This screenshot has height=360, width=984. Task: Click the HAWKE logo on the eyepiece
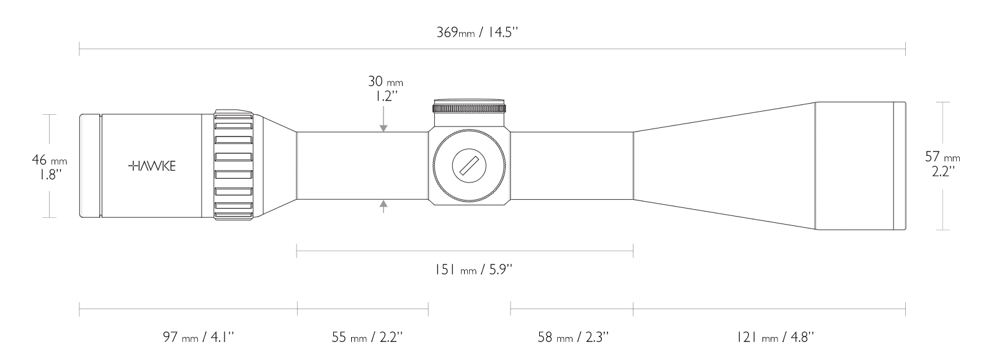tap(152, 166)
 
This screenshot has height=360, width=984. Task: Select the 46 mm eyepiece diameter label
tap(48, 160)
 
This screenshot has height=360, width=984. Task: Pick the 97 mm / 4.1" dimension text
tap(198, 337)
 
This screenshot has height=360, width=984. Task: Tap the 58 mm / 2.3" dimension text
tap(573, 337)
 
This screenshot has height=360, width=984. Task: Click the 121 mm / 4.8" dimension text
tap(775, 337)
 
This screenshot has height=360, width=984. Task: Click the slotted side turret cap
tap(470, 166)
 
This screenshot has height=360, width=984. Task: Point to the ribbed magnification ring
tap(234, 166)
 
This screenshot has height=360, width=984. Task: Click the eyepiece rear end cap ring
tap(90, 166)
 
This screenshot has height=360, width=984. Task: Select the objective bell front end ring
tap(899, 166)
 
